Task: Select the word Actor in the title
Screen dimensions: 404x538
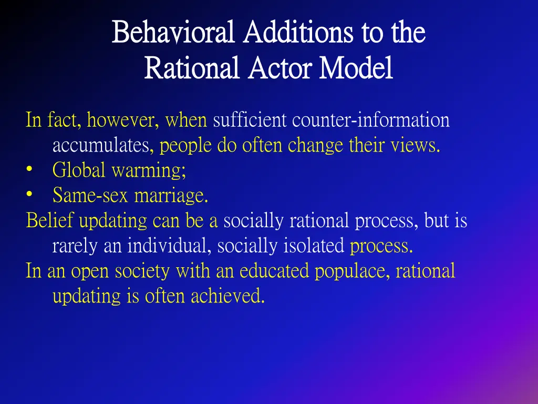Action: point(281,68)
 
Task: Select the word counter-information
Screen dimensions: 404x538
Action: point(371,120)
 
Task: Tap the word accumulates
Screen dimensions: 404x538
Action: point(101,145)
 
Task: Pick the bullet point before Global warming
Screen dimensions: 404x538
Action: point(29,170)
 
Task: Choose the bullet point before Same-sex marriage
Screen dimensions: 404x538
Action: point(29,196)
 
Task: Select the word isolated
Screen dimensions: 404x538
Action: point(319,246)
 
